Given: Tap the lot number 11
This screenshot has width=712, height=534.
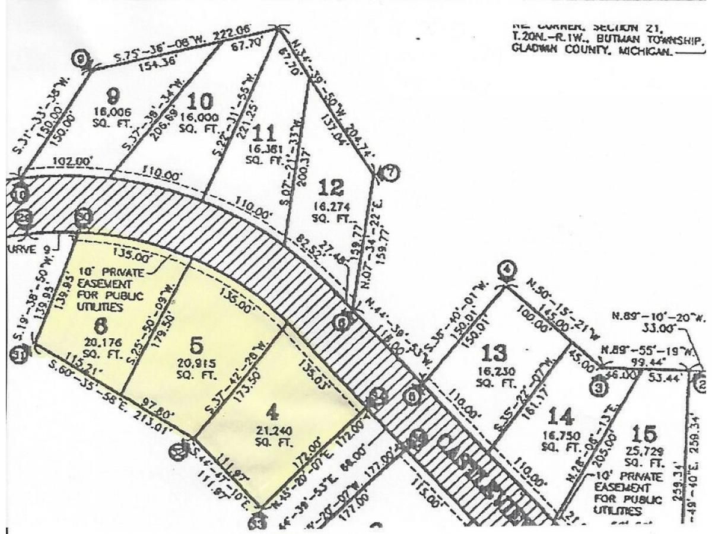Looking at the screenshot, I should tap(263, 131).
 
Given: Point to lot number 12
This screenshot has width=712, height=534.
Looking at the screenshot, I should tap(330, 189).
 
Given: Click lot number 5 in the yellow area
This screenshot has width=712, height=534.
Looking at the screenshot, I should tap(198, 344).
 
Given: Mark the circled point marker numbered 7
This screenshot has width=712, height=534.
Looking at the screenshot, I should tap(392, 173).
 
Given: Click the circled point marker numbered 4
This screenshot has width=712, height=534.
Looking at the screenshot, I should tap(506, 269).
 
